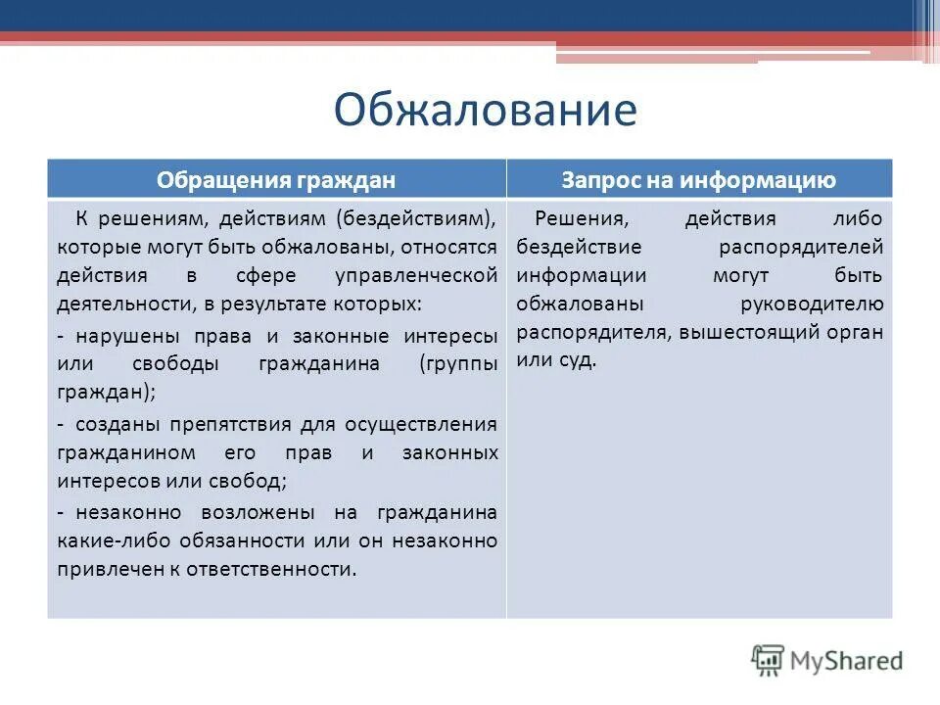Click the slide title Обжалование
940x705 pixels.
click(x=485, y=111)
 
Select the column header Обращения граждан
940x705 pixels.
click(x=276, y=180)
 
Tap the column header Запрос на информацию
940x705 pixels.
click(x=698, y=180)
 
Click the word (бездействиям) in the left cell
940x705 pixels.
click(x=418, y=217)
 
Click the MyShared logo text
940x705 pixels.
click(x=848, y=661)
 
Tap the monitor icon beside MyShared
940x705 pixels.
click(x=769, y=661)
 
